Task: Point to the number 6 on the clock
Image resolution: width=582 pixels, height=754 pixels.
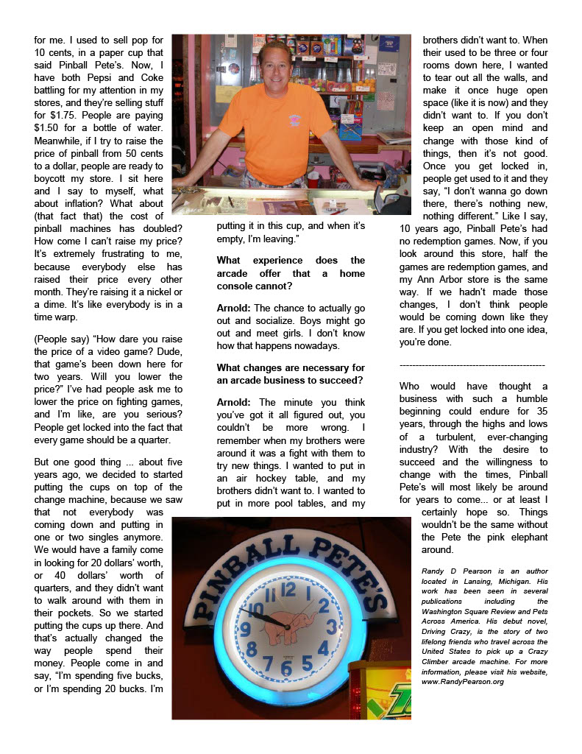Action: point(286,668)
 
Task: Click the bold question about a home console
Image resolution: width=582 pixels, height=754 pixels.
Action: point(290,267)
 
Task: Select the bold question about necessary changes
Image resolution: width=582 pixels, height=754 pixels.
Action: point(290,373)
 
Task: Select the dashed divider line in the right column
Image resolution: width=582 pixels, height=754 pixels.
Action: point(472,365)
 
